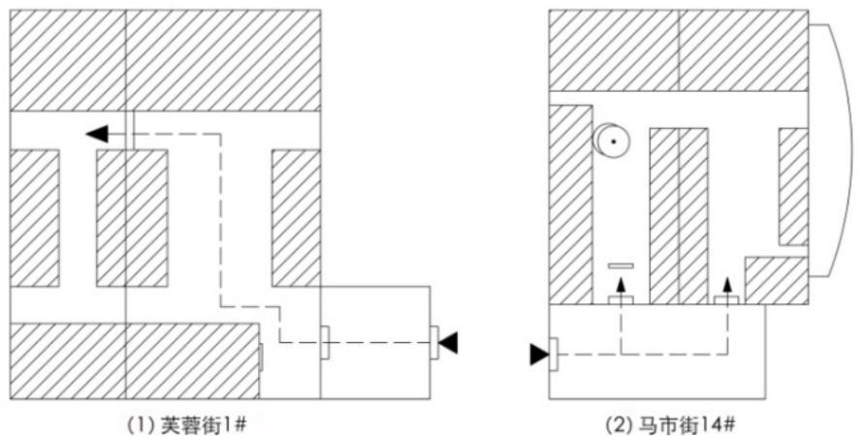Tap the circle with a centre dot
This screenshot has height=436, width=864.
pyautogui.click(x=612, y=141)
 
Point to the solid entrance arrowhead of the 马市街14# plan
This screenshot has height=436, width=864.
pyautogui.click(x=538, y=356)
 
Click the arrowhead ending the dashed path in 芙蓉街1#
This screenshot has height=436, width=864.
pyautogui.click(x=94, y=133)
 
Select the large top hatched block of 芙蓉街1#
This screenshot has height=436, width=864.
pyautogui.click(x=165, y=60)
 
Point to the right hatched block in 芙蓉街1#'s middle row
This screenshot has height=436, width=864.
pyautogui.click(x=296, y=218)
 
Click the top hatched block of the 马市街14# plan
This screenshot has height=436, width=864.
pyautogui.click(x=678, y=49)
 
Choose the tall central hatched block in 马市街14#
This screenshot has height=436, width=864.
pyautogui.click(x=679, y=214)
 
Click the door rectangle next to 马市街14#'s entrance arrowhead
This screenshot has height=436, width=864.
pyautogui.click(x=553, y=356)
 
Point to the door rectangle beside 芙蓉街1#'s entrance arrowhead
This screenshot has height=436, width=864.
pyautogui.click(x=434, y=342)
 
